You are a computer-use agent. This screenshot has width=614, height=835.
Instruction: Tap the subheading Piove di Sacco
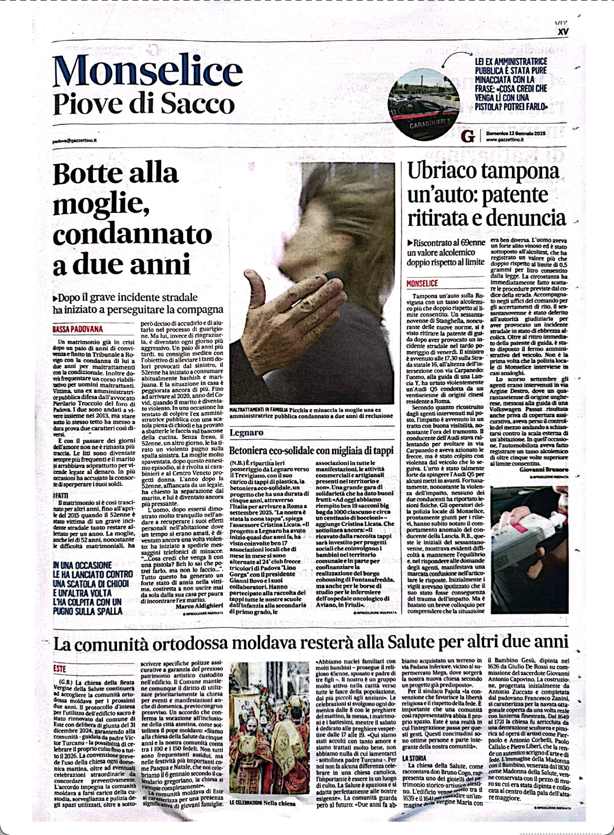[x=144, y=104]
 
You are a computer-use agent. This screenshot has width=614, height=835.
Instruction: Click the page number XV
[x=563, y=32]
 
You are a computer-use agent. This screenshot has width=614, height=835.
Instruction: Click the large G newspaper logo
[x=467, y=136]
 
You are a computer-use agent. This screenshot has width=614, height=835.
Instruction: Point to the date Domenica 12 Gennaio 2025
[x=516, y=133]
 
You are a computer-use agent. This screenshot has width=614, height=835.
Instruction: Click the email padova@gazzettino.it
[x=74, y=140]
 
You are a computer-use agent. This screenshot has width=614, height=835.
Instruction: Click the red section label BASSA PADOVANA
[x=78, y=329]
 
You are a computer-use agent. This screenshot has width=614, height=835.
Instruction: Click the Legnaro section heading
[x=246, y=432]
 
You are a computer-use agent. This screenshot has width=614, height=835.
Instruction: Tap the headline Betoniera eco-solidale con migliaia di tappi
[x=311, y=450]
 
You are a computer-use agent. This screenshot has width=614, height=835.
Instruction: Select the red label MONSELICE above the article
[x=422, y=283]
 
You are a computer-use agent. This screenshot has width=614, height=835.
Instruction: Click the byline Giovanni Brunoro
[x=544, y=469]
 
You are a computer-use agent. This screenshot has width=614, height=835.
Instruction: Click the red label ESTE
[x=59, y=668]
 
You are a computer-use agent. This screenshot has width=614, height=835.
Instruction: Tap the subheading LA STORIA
[x=414, y=758]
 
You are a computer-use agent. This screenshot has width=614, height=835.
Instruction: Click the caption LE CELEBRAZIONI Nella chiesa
[x=262, y=817]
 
